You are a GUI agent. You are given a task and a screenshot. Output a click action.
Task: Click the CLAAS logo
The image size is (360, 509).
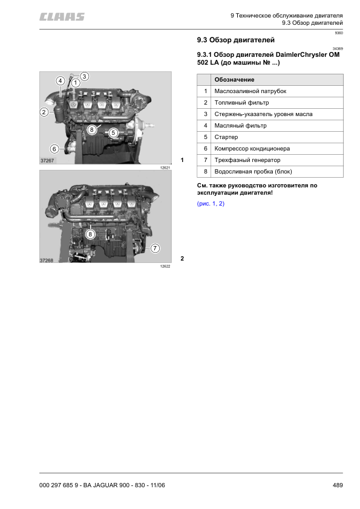62,17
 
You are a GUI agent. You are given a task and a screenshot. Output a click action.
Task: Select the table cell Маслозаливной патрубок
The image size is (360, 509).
250,91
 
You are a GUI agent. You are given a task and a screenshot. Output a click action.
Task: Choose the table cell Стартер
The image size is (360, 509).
226,137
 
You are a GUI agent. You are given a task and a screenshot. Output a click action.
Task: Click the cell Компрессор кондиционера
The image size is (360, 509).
252,149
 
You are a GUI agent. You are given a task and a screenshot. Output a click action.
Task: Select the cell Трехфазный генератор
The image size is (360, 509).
247,160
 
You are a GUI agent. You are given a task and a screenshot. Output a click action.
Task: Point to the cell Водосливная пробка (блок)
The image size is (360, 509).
253,172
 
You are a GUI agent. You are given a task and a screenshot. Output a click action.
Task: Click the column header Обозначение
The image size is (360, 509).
234,80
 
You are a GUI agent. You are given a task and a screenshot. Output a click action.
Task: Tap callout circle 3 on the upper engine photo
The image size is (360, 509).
85,76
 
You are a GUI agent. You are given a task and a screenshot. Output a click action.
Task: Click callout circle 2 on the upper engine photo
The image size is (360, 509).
44,112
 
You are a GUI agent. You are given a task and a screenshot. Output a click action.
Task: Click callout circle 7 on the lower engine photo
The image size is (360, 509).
155,248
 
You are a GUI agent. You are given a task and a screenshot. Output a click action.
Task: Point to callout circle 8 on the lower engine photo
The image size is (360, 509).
90,233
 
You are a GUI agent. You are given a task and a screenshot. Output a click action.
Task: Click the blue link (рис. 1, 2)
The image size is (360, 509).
211,204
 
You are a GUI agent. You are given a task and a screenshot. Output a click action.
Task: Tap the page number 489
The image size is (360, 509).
338,485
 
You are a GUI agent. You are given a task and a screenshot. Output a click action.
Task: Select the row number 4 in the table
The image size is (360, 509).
206,126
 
